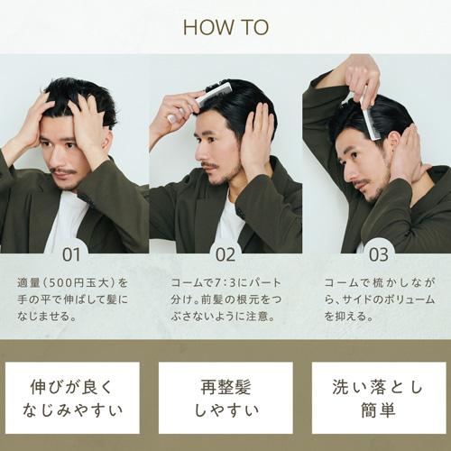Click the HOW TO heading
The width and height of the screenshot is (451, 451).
[x=225, y=27]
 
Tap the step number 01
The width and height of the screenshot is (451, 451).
[x=71, y=254]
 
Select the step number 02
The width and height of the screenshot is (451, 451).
[x=224, y=254]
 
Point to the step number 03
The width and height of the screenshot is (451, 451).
[x=379, y=254]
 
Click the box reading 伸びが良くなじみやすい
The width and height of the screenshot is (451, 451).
[x=72, y=398]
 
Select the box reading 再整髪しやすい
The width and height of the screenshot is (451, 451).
[x=225, y=398]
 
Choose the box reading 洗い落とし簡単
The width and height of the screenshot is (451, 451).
[x=379, y=398]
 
